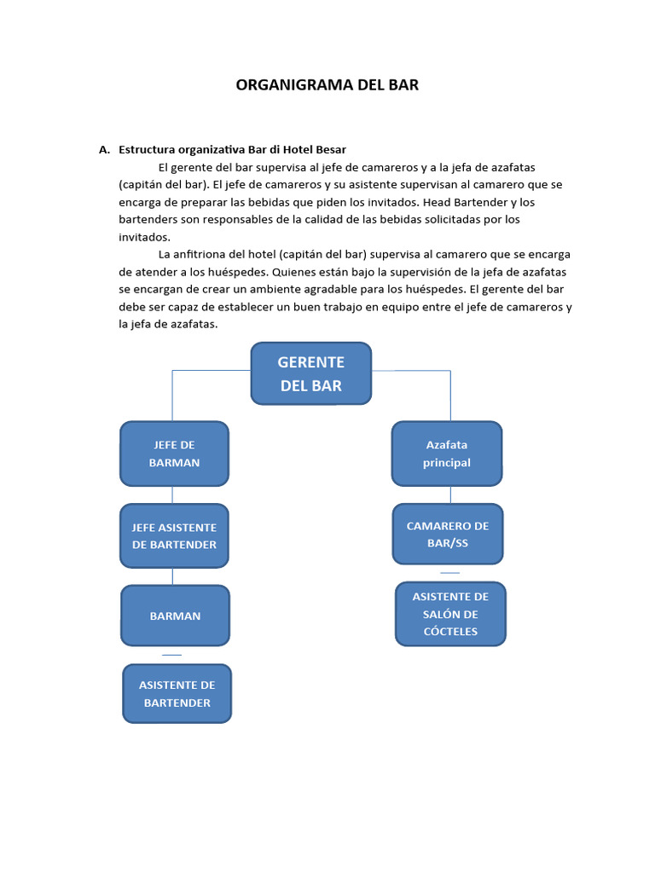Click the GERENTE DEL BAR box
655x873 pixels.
point(310,373)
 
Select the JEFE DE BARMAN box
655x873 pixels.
point(174,454)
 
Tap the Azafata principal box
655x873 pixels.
point(446,454)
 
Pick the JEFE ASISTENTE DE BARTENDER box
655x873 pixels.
point(174,535)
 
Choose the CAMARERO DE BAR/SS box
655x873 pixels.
point(447,534)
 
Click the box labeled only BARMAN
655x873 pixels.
point(175,616)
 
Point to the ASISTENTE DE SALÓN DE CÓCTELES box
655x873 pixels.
point(450,614)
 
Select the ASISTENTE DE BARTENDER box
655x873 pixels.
point(177,694)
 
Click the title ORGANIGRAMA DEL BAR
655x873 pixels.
point(327,85)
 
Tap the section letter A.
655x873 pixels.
point(103,149)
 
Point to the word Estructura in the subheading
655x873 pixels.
point(147,149)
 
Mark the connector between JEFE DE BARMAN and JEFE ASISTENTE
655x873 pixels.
point(173,494)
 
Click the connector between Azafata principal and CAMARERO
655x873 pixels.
point(449,494)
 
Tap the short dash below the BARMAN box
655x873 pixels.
point(171,655)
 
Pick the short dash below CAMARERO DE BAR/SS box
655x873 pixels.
point(449,573)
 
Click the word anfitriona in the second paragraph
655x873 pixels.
point(204,254)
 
